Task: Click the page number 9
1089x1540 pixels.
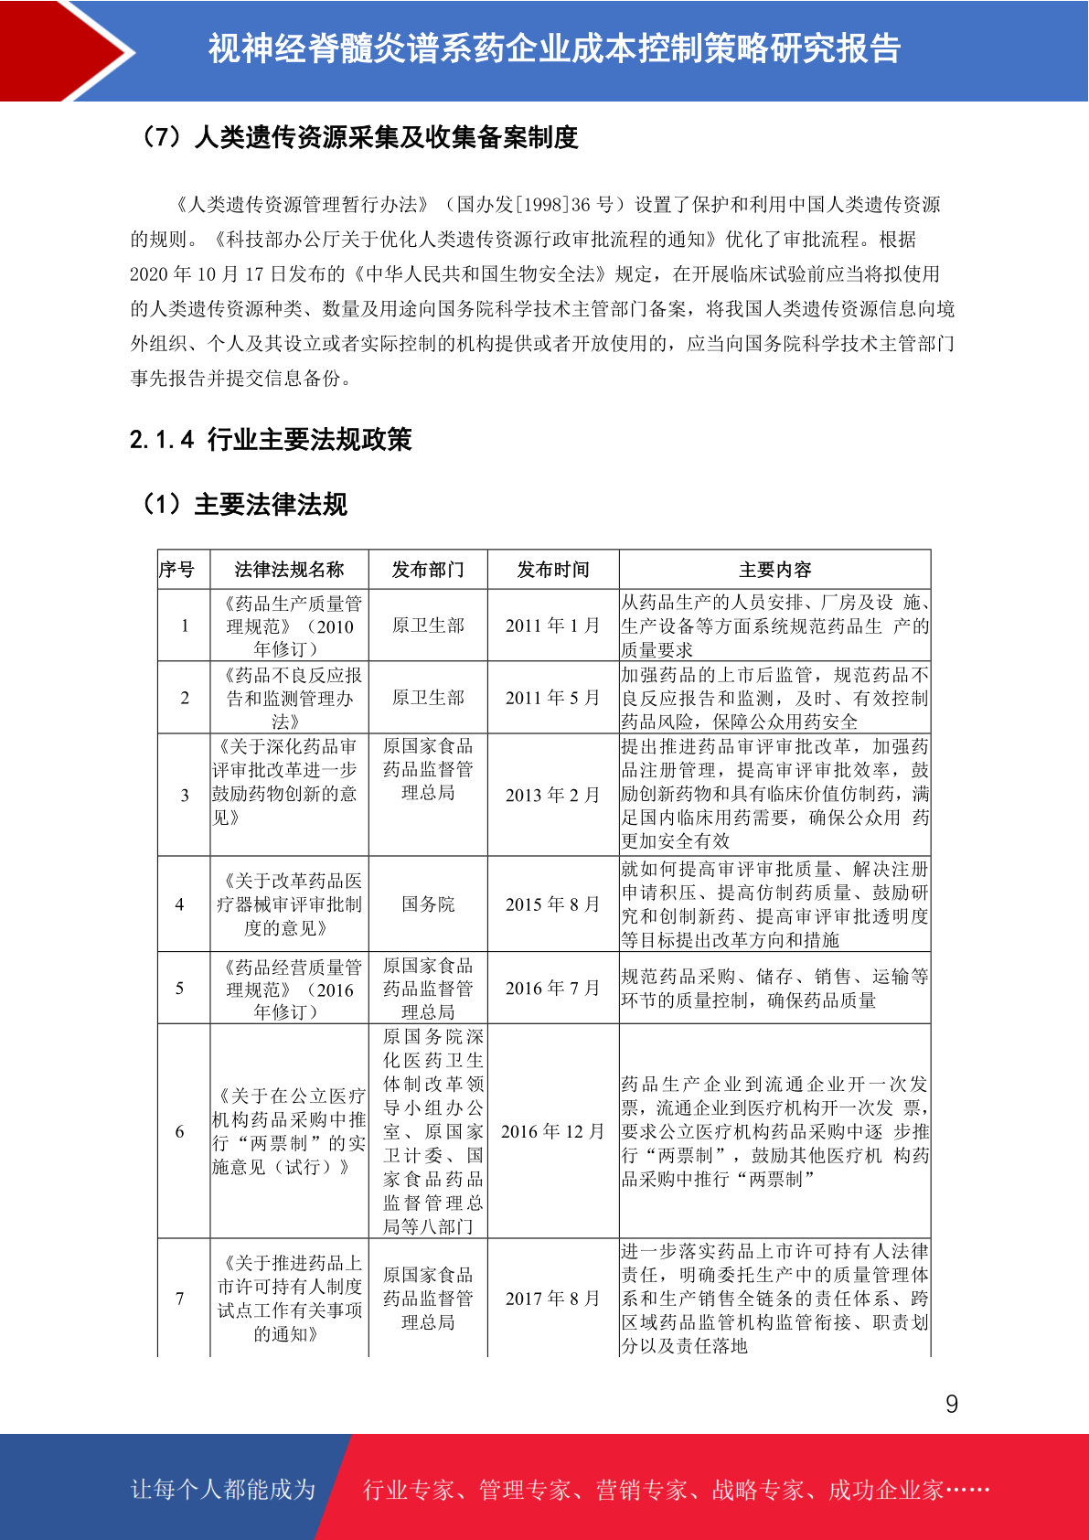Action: (x=951, y=1404)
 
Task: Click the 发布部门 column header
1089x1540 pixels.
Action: (x=428, y=570)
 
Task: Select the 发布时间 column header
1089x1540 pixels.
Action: (x=553, y=570)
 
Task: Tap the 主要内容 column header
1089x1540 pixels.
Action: (x=774, y=570)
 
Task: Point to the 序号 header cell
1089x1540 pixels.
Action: (x=177, y=570)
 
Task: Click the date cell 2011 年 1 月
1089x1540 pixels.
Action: (x=553, y=626)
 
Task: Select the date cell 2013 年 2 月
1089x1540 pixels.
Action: (x=553, y=795)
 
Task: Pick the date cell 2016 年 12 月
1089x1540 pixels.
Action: (x=553, y=1131)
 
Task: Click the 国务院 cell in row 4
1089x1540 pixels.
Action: (x=428, y=904)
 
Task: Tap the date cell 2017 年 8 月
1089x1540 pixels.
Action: (x=553, y=1299)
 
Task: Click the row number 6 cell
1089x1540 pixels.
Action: (x=180, y=1131)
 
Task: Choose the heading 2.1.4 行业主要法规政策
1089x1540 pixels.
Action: (x=271, y=440)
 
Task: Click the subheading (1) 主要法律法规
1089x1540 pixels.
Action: (x=243, y=504)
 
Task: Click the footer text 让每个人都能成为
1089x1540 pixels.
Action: (x=223, y=1490)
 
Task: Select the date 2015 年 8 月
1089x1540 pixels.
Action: (x=553, y=904)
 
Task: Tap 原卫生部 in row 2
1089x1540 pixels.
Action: (x=428, y=698)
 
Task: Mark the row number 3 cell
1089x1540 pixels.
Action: (x=185, y=795)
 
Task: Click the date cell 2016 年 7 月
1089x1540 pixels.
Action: (x=553, y=989)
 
